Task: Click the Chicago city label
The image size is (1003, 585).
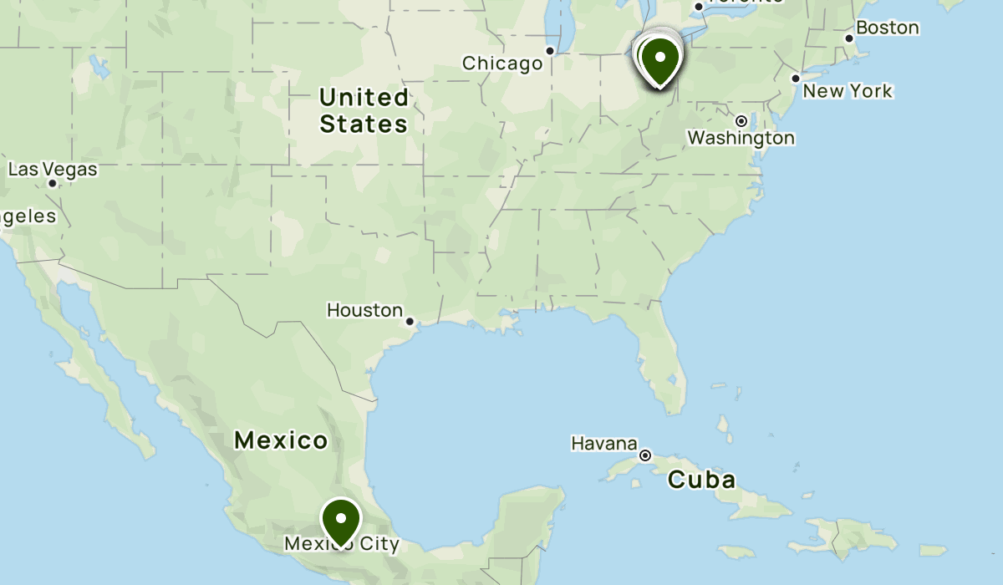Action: pos(502,64)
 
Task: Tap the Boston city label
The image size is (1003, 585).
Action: pos(887,28)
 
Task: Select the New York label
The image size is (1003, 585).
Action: pos(848,90)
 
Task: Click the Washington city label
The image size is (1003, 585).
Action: pos(741,138)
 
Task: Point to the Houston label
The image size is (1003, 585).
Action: pos(364,310)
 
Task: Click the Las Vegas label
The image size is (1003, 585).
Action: pos(53,170)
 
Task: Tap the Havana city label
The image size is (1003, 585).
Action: pos(604,443)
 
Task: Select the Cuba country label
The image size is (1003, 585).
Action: pos(702,480)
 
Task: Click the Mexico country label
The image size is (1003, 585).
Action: pos(281,440)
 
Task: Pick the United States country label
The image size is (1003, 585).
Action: pos(364,111)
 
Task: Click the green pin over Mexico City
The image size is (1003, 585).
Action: pos(341,520)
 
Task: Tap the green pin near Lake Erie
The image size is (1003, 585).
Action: pos(660,59)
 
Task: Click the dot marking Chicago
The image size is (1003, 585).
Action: pos(550,51)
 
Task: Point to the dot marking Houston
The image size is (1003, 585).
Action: pos(410,321)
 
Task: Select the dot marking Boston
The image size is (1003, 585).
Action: pos(849,38)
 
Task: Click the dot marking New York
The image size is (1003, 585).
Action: pos(796,79)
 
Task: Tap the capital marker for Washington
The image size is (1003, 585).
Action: pos(741,120)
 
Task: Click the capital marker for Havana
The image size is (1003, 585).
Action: pos(645,455)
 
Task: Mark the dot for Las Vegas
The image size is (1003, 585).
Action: pos(53,183)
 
